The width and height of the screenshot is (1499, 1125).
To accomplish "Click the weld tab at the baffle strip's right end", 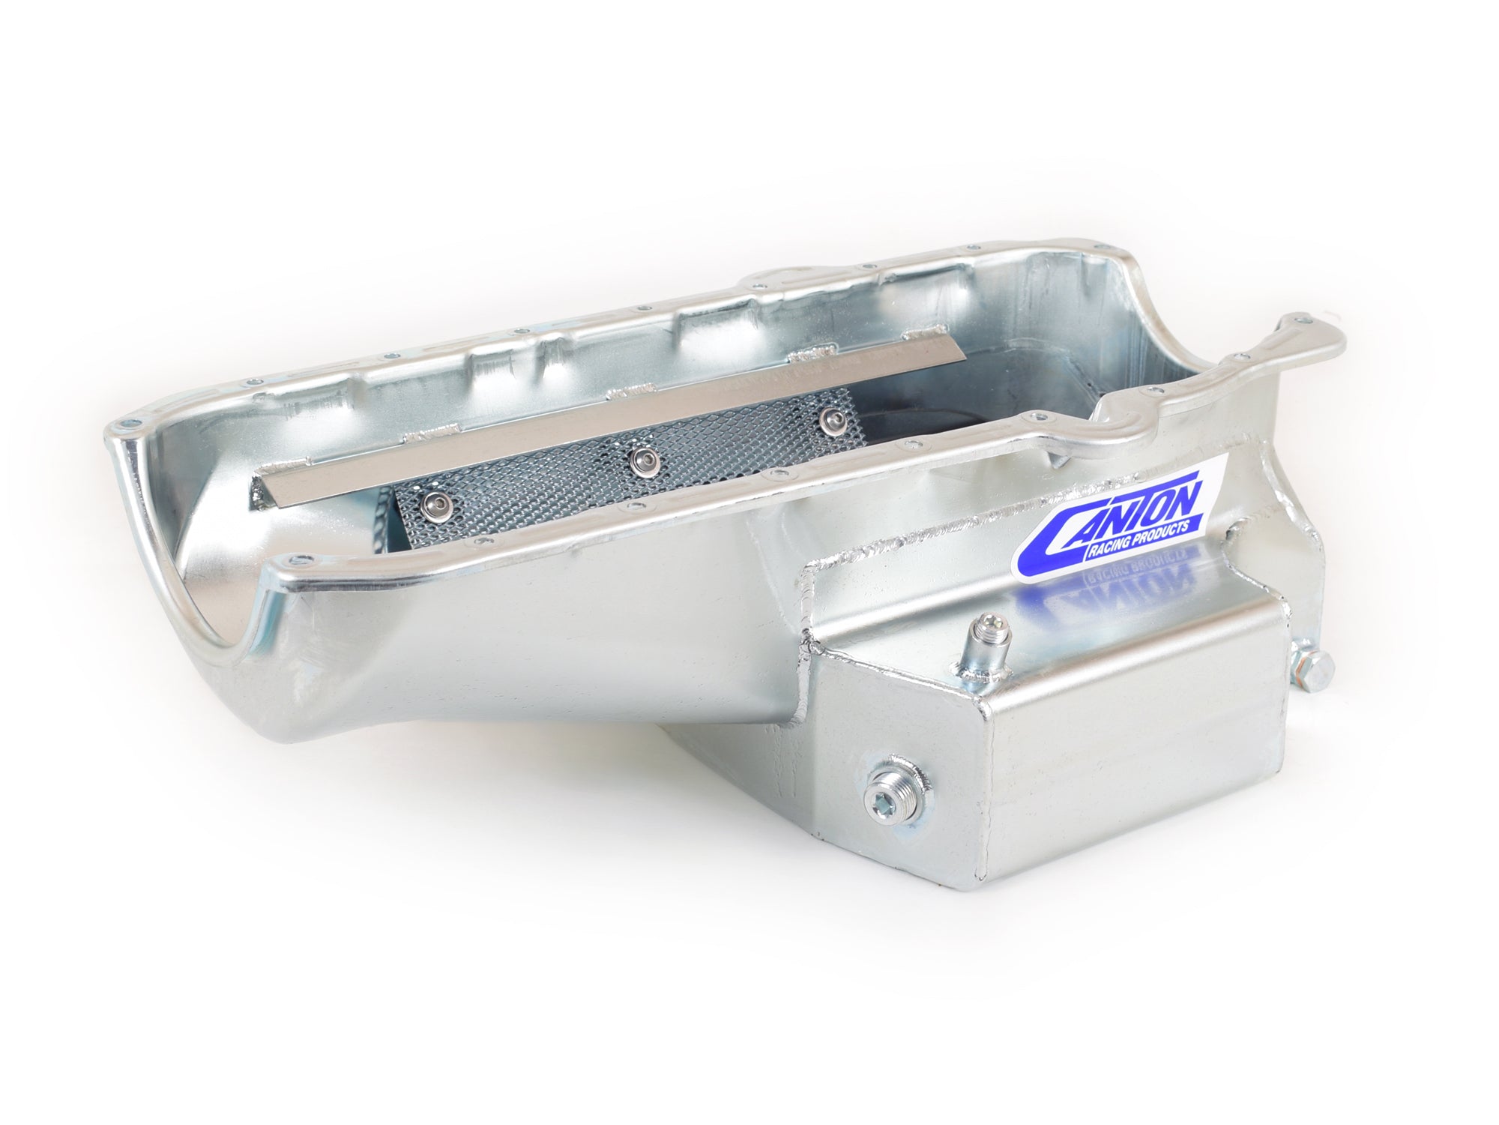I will tap(922, 355).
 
